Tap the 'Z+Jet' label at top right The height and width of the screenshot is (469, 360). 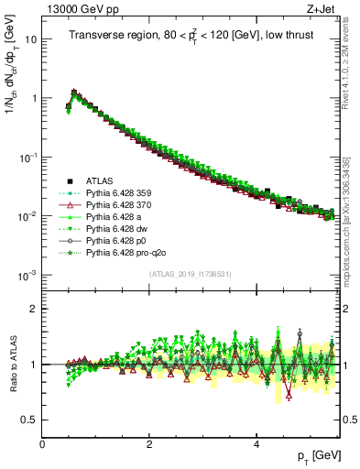click(321, 8)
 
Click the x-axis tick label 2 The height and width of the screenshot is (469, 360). click(149, 442)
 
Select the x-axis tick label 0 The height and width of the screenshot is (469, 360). click(42, 442)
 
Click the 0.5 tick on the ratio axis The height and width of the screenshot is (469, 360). click(29, 420)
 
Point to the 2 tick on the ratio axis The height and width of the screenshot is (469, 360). click(34, 309)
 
